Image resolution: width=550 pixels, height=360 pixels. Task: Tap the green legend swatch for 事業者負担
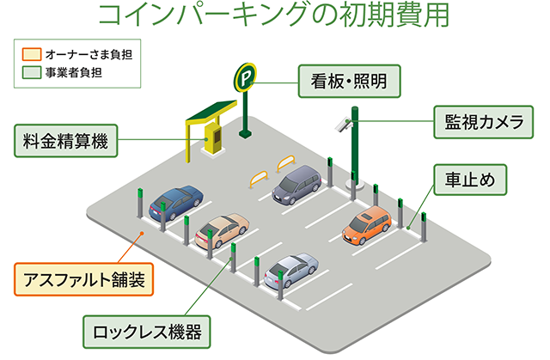coord(32,72)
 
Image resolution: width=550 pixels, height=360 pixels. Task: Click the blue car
coord(177,204)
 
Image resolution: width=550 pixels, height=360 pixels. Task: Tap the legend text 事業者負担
coord(72,72)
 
